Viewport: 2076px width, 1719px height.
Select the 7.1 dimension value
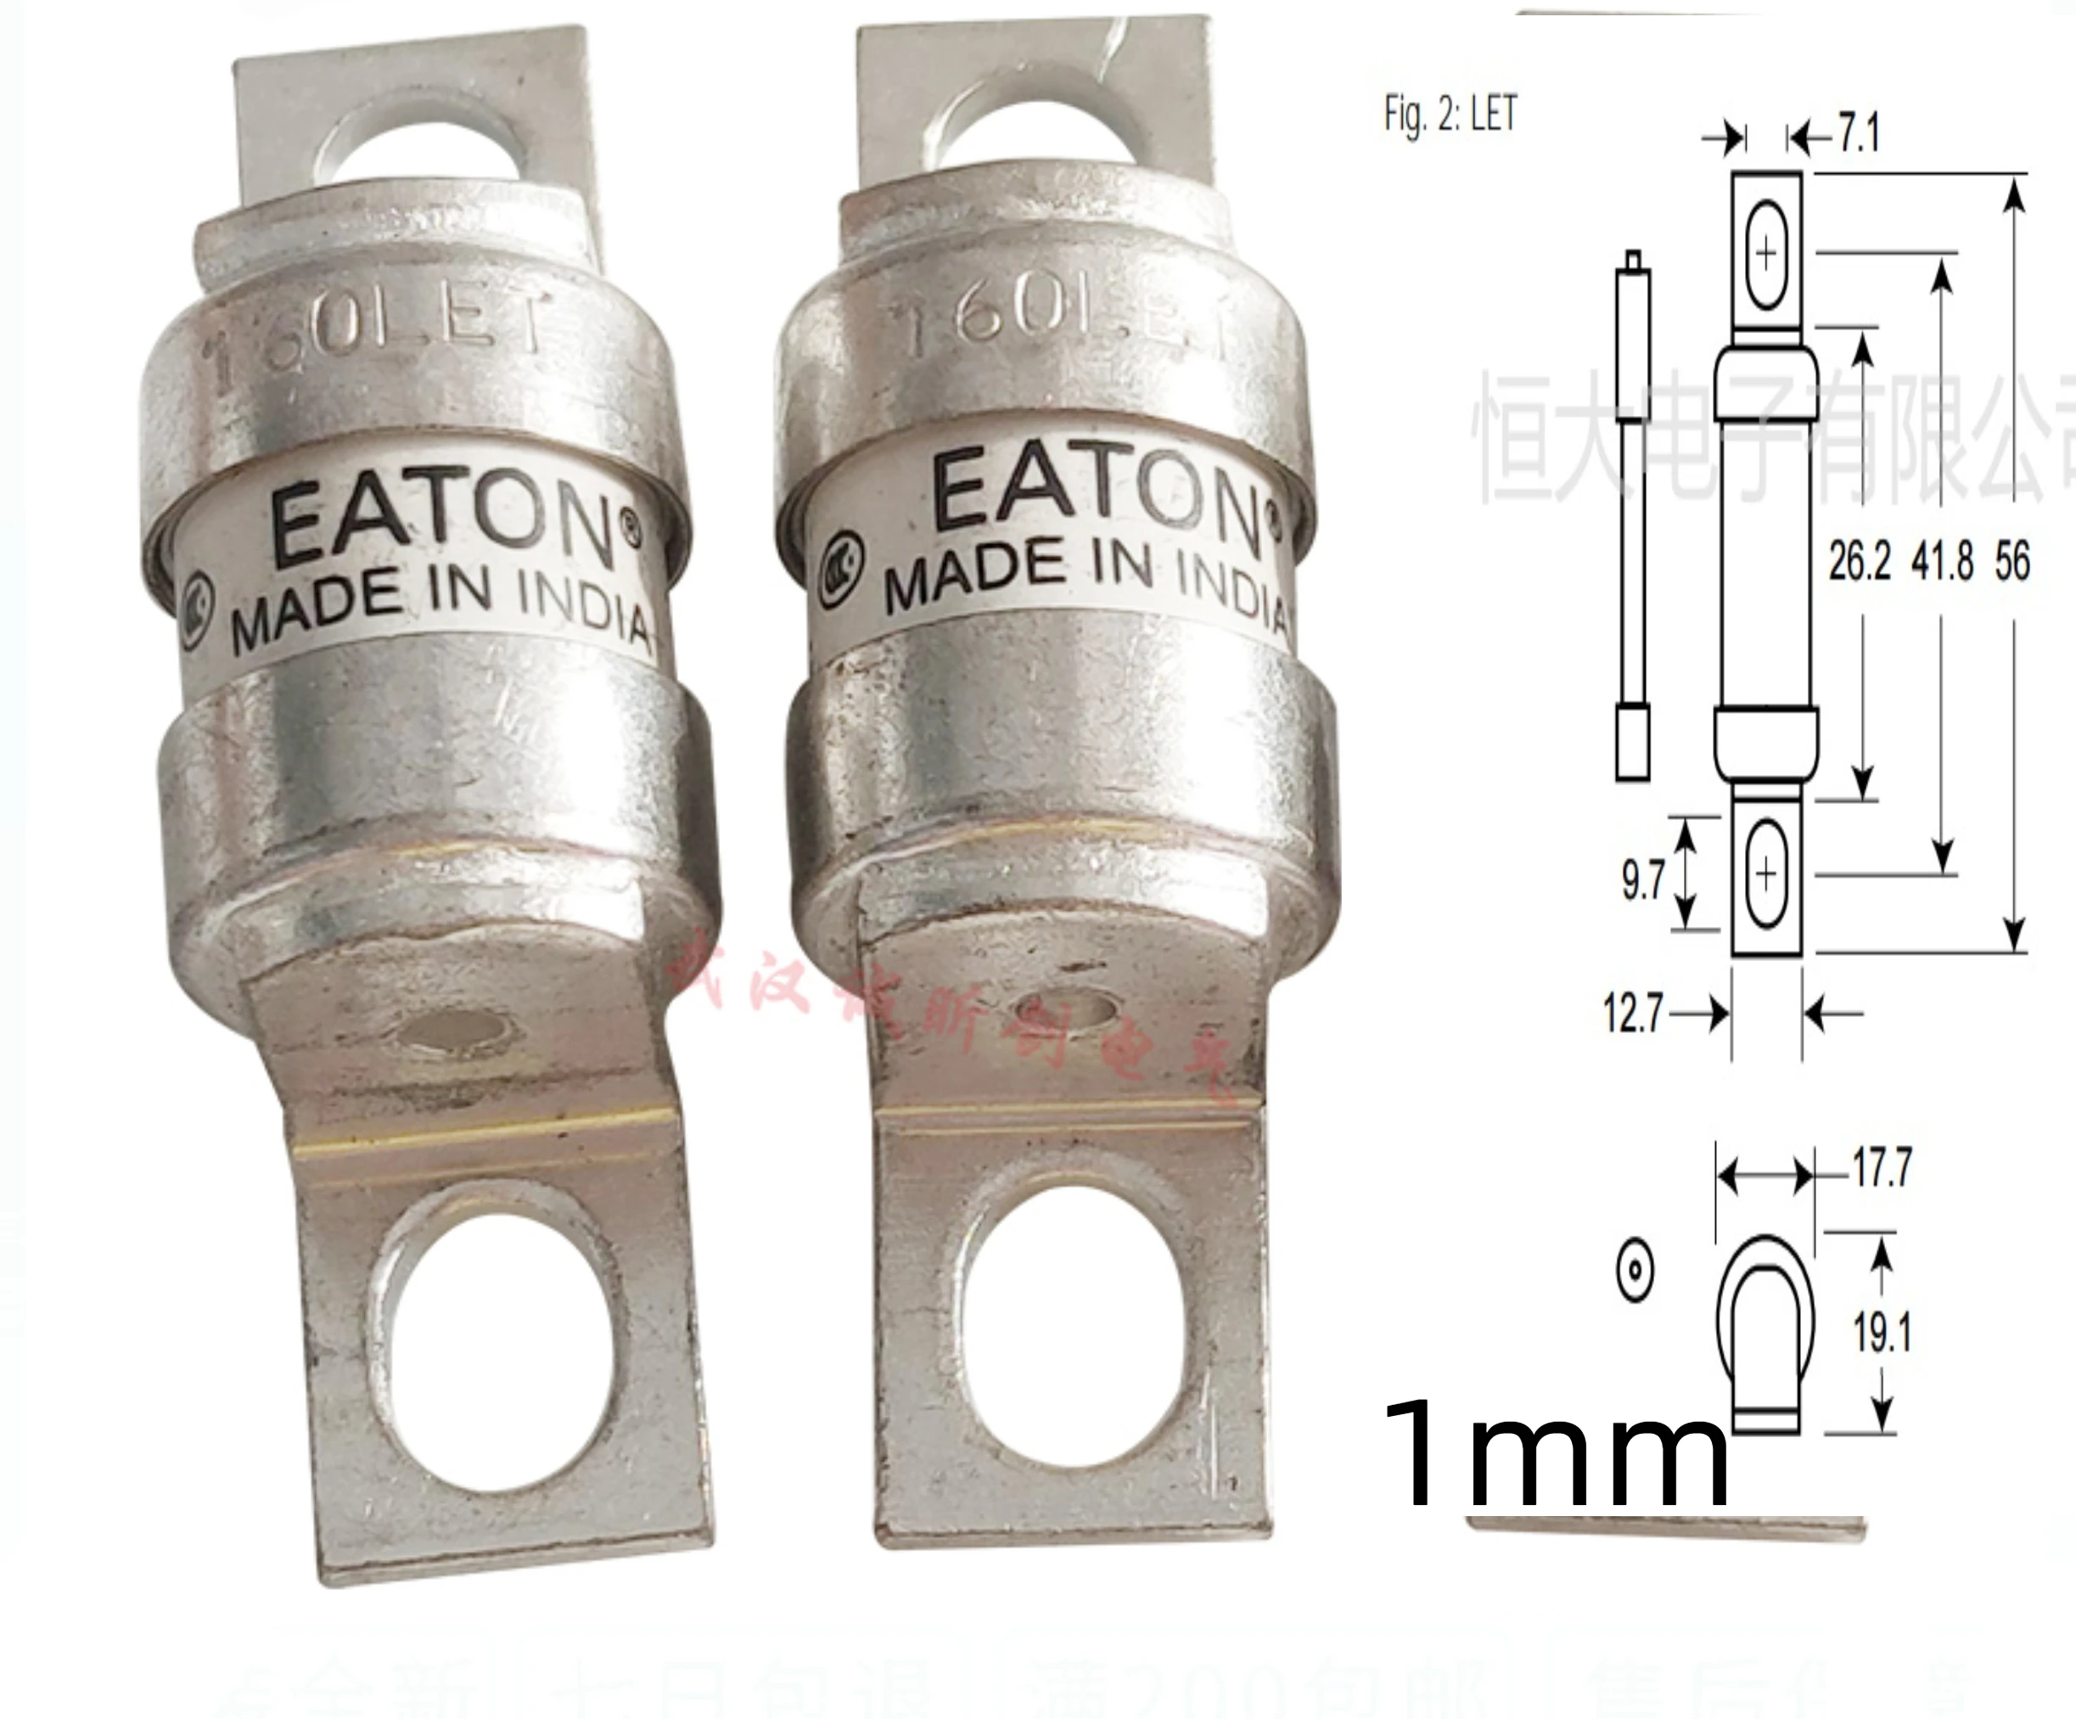(1859, 132)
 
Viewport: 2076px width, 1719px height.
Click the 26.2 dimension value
(1859, 561)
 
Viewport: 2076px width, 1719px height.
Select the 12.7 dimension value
(1632, 1014)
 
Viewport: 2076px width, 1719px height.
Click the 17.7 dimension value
(1882, 1167)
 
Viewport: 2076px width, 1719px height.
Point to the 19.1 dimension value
(1882, 1332)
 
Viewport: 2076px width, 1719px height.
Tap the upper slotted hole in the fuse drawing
(1766, 254)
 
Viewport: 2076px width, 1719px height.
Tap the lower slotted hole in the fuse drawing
(1766, 873)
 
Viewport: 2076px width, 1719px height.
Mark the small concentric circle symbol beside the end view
(1634, 1269)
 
